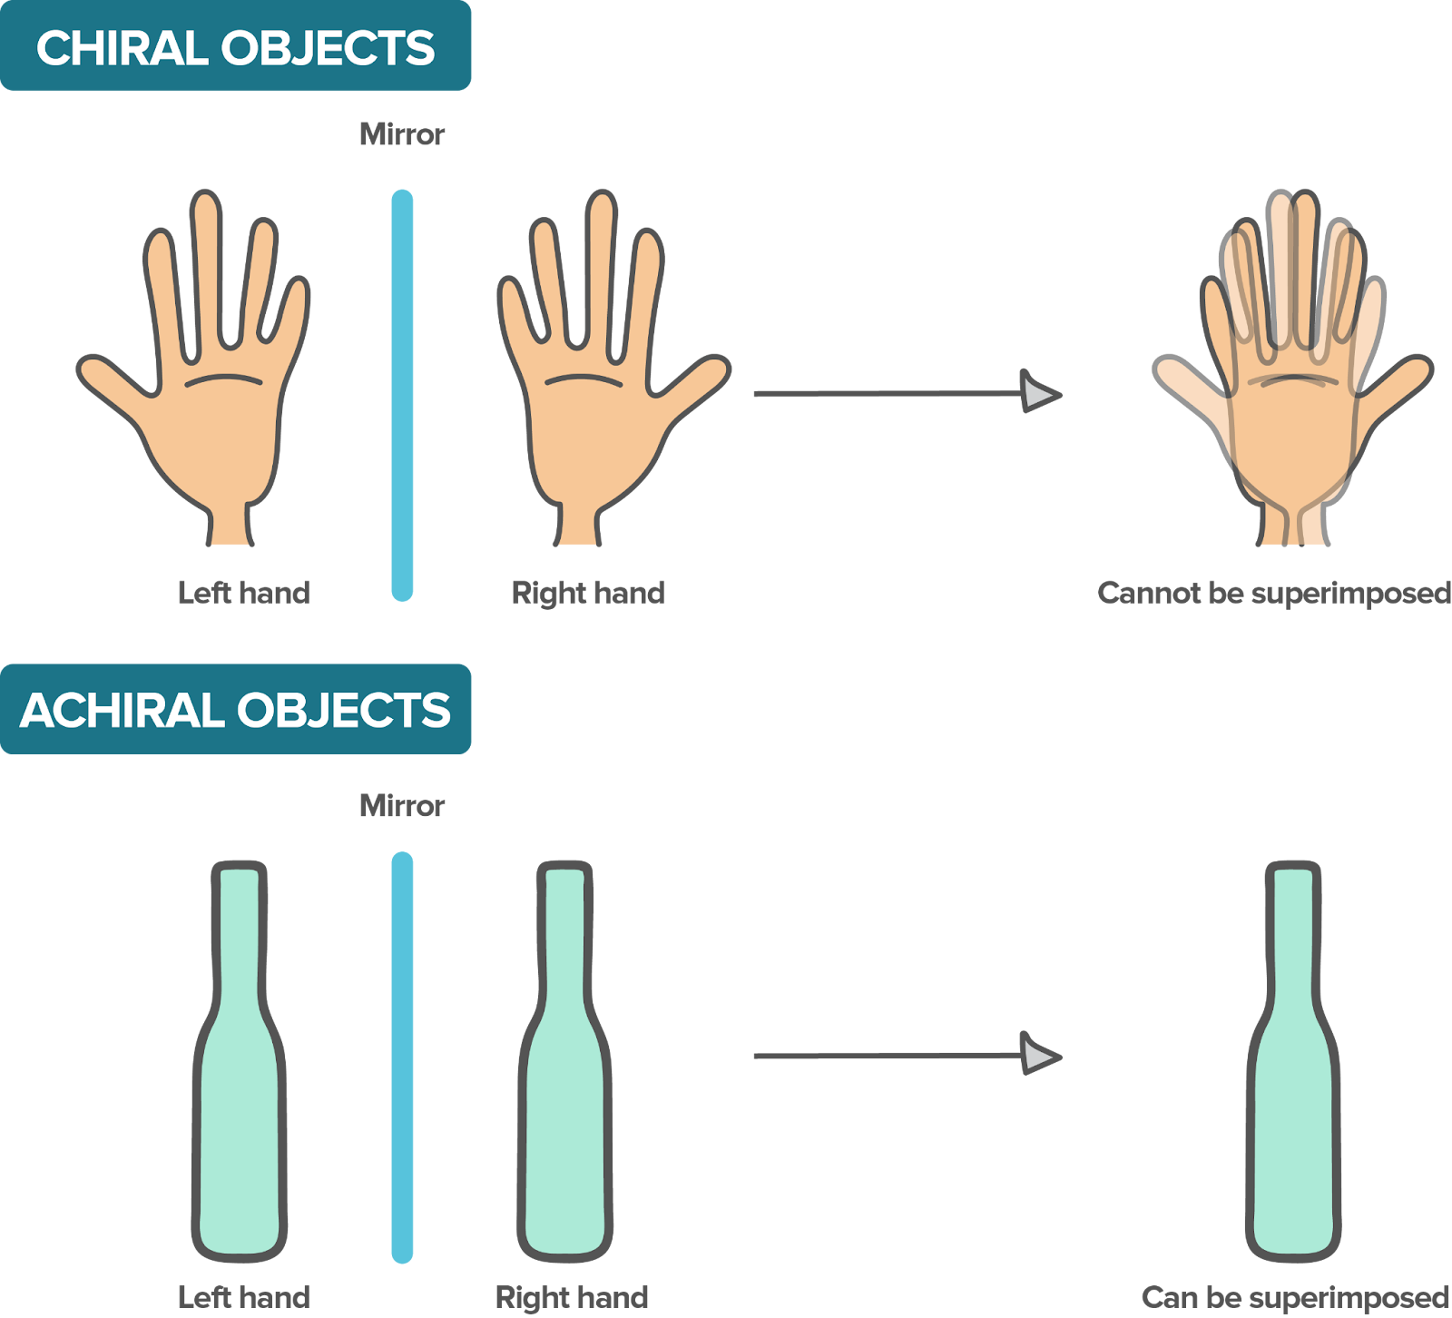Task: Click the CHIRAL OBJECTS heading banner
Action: [x=235, y=45]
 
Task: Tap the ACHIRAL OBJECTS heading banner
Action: [x=235, y=709]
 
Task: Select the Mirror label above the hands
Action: [x=402, y=134]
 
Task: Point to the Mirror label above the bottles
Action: [x=402, y=806]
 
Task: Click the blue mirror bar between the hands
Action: [x=402, y=395]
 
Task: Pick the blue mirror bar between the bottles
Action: [x=402, y=1057]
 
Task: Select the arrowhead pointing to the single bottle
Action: [x=1040, y=1054]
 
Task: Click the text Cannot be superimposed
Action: [x=1274, y=594]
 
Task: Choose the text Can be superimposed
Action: [x=1296, y=1297]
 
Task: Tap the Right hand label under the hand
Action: [x=588, y=594]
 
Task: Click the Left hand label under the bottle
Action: [x=244, y=1297]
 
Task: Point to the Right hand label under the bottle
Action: [x=572, y=1297]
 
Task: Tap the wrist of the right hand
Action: [x=577, y=525]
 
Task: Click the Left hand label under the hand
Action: [x=244, y=594]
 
